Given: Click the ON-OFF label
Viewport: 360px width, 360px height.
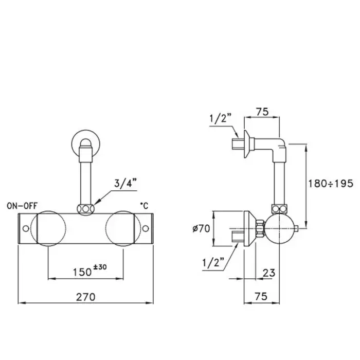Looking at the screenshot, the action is tap(22, 206).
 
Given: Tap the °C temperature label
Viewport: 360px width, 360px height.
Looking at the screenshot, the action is tap(144, 206).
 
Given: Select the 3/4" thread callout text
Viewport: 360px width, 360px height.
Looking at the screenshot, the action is tap(125, 184).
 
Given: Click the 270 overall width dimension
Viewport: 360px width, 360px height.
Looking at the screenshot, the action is tap(86, 297).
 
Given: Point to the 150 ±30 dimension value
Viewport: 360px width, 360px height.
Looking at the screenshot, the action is tap(90, 271).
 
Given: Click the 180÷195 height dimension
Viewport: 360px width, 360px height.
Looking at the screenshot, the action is tap(331, 184).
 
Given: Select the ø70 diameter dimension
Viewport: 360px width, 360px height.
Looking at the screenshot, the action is tap(202, 228).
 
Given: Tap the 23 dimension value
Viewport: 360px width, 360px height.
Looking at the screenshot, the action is tap(269, 273).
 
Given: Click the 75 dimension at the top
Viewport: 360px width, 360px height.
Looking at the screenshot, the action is tap(262, 112).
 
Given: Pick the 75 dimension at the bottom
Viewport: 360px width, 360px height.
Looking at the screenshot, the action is tap(261, 296).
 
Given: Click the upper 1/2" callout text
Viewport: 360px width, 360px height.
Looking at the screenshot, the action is tap(221, 119).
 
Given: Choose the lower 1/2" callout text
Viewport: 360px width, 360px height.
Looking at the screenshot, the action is tap(213, 262).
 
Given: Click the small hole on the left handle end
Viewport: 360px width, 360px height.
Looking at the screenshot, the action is tap(26, 228).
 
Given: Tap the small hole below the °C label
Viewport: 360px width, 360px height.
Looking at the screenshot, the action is tap(146, 228).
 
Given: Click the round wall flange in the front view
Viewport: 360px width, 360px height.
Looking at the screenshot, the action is tap(85, 143).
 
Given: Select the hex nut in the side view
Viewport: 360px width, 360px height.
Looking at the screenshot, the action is tap(260, 228).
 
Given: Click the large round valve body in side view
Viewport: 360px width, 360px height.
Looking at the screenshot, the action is tap(279, 228).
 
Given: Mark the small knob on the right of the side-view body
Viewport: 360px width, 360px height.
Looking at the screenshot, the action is tap(296, 228).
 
